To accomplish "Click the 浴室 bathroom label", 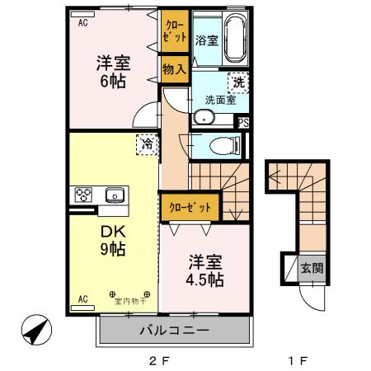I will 206,40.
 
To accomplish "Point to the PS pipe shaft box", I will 243,122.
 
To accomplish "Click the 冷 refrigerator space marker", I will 146,143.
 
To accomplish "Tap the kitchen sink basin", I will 114,195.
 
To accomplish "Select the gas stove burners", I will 84,195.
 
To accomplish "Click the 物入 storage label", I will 174,69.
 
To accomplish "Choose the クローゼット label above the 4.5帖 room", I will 190,206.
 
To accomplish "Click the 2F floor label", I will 158,359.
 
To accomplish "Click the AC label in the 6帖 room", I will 82,24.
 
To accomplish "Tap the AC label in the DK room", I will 82,298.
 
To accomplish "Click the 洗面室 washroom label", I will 220,101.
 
